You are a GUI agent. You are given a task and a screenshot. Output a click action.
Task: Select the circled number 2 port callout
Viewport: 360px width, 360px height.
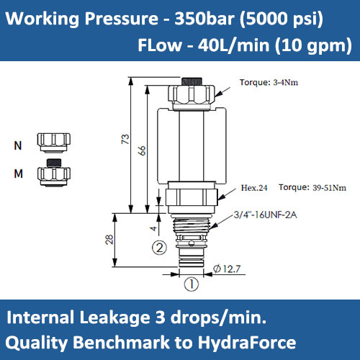[x=160, y=248]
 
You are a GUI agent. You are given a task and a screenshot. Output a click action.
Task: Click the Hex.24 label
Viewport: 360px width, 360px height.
[x=254, y=188]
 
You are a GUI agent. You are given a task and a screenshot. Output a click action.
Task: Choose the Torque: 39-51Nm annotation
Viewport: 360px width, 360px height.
[x=312, y=188]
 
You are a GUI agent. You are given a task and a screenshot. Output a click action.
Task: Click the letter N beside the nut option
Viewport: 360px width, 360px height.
[x=18, y=145]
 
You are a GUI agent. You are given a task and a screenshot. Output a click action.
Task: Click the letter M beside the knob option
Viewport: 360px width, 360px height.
[x=18, y=173]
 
